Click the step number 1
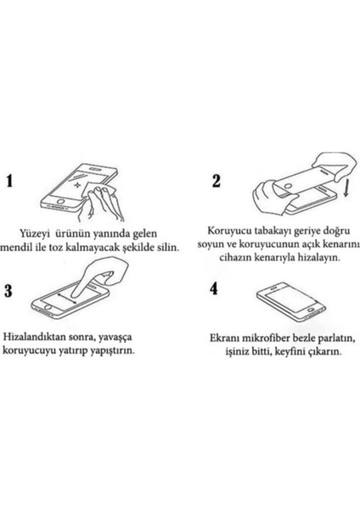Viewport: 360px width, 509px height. point(11,181)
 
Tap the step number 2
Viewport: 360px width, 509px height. point(216,180)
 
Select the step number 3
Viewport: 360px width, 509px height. point(10,291)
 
